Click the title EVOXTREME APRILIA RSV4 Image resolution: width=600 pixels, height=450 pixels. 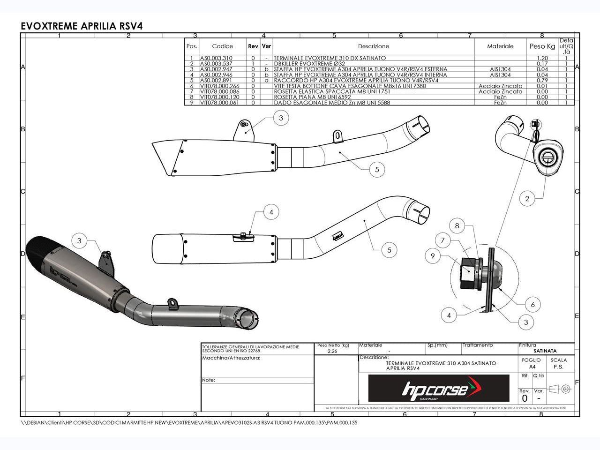82,26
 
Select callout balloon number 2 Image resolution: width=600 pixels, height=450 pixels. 527,199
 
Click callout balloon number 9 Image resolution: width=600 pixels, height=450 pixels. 433,256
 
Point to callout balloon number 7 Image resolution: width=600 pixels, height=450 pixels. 442,240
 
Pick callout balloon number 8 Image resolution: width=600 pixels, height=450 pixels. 457,226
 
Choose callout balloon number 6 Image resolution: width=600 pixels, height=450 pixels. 532,305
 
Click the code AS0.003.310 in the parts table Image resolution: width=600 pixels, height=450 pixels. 216,58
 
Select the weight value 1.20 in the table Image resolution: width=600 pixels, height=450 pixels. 542,58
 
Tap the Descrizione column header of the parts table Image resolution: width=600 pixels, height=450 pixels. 373,46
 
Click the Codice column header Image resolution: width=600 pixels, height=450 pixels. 222,46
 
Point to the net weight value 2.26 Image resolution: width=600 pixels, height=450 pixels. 332,351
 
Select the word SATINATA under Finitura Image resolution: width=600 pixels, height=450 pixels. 545,351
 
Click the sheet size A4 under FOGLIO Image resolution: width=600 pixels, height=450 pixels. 531,367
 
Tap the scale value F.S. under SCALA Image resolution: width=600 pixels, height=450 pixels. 559,367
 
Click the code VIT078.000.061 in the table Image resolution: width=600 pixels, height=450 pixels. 219,103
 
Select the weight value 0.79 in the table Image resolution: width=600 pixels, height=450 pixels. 542,80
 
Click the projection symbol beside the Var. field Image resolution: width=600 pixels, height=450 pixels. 560,389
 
